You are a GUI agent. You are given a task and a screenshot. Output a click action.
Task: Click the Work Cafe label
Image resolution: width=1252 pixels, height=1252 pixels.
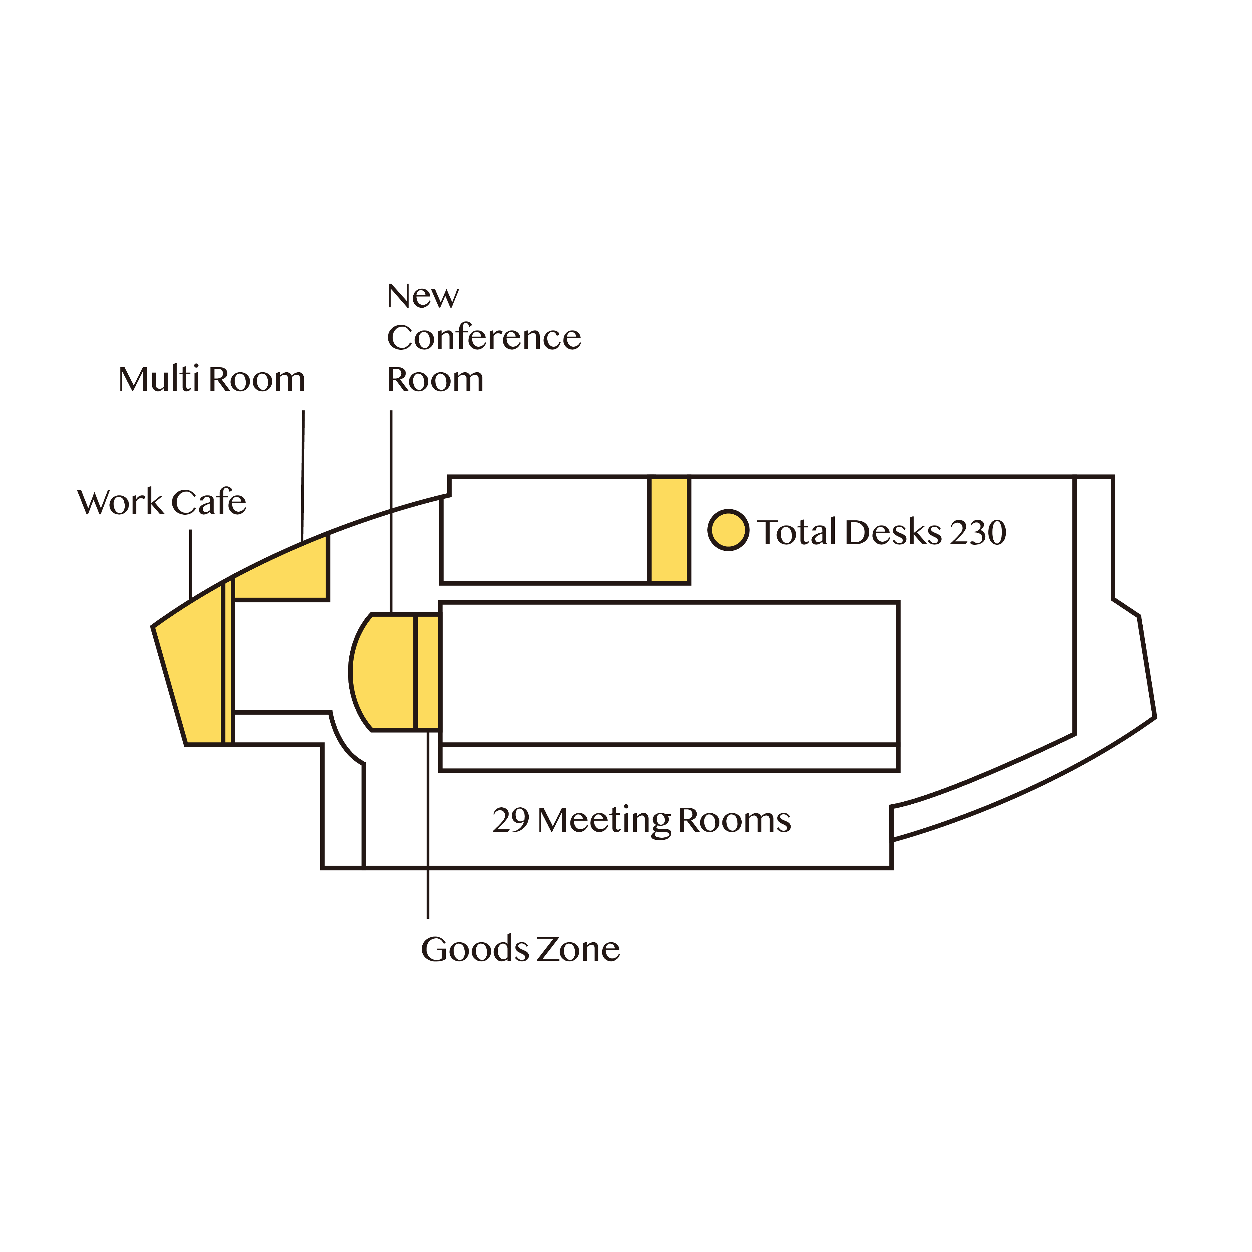coord(162,502)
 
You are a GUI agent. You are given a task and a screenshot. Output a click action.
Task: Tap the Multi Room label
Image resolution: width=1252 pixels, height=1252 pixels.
coord(211,379)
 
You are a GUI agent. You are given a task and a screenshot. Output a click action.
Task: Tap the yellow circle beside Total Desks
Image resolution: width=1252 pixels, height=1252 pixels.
coord(728,530)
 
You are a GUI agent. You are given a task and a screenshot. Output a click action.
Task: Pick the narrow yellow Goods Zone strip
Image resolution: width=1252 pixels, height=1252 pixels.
coord(428,672)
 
